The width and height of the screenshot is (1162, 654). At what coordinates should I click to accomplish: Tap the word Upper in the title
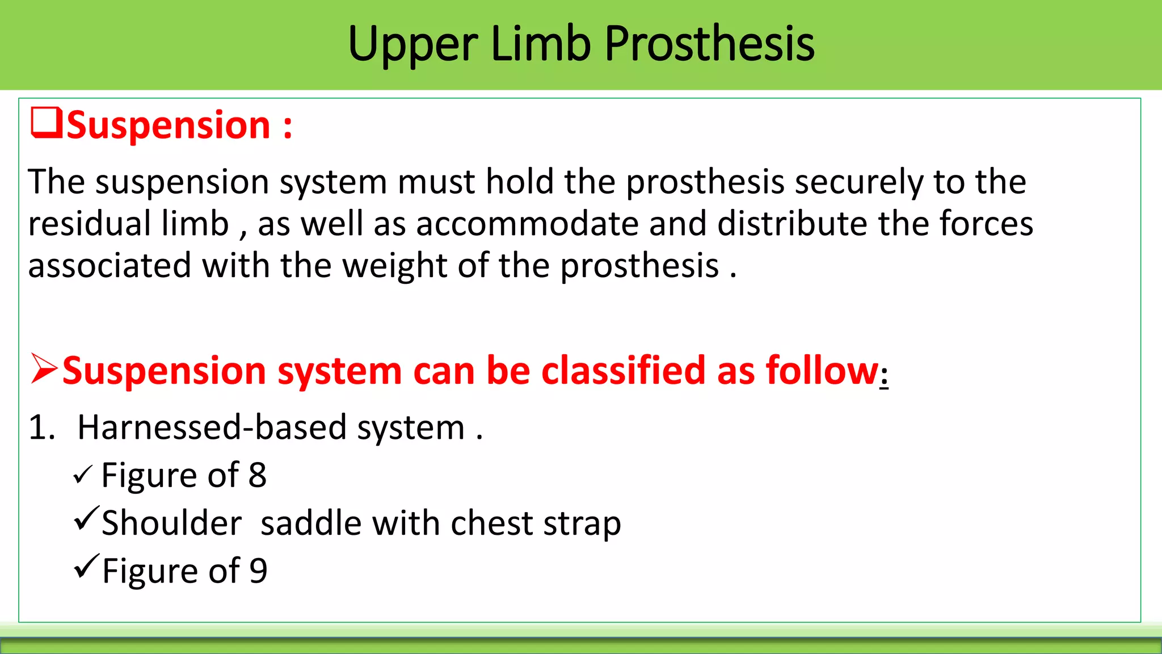pos(413,45)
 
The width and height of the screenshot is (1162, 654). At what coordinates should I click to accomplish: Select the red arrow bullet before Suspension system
pos(44,369)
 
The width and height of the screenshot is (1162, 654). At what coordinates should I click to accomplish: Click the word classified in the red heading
pos(624,370)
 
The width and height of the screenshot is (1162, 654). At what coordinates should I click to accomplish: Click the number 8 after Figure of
pos(257,475)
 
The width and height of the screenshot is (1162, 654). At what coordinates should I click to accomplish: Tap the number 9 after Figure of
pos(258,571)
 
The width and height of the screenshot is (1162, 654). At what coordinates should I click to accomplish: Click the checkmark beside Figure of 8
pos(82,475)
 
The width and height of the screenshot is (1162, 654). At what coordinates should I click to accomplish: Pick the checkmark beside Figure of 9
pos(86,566)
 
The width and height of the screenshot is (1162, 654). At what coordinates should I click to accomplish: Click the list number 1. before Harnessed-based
pos(42,427)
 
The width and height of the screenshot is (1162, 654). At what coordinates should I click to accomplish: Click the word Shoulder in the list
pos(171,523)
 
